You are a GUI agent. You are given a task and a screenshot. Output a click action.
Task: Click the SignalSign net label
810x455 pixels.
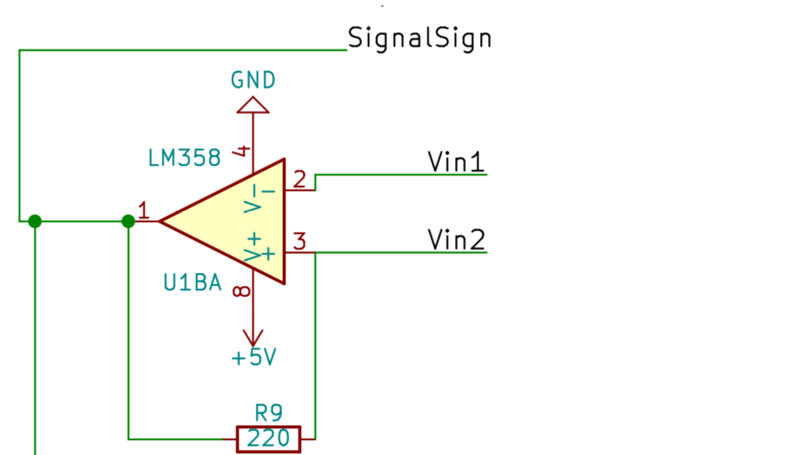[419, 38]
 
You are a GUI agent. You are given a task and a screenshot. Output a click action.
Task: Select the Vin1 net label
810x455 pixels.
[456, 162]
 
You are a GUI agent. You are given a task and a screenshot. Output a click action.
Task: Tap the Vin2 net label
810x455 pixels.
[456, 239]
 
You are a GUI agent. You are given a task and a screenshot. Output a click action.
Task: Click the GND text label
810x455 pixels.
[253, 80]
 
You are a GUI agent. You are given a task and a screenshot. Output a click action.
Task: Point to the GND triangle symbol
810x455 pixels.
[253, 105]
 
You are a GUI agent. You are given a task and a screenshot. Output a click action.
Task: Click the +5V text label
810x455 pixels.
[253, 358]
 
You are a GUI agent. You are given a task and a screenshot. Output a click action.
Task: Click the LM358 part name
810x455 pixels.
[185, 158]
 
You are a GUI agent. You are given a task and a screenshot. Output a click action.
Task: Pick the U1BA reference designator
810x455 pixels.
[192, 283]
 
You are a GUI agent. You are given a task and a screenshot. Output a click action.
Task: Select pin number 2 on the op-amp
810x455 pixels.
[299, 179]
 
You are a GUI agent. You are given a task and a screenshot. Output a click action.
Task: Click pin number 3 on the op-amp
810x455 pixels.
[299, 242]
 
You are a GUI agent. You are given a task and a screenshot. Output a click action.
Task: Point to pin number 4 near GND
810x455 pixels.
[242, 149]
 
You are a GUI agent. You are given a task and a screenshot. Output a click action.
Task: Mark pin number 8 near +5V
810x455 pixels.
[242, 292]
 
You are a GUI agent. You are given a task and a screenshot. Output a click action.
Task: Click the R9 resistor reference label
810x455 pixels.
[268, 412]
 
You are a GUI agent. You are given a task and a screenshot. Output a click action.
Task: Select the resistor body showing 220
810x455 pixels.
[268, 438]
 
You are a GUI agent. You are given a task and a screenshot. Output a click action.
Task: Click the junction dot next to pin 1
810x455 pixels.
[128, 221]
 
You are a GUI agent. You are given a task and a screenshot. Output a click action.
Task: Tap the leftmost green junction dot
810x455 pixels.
[34, 221]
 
